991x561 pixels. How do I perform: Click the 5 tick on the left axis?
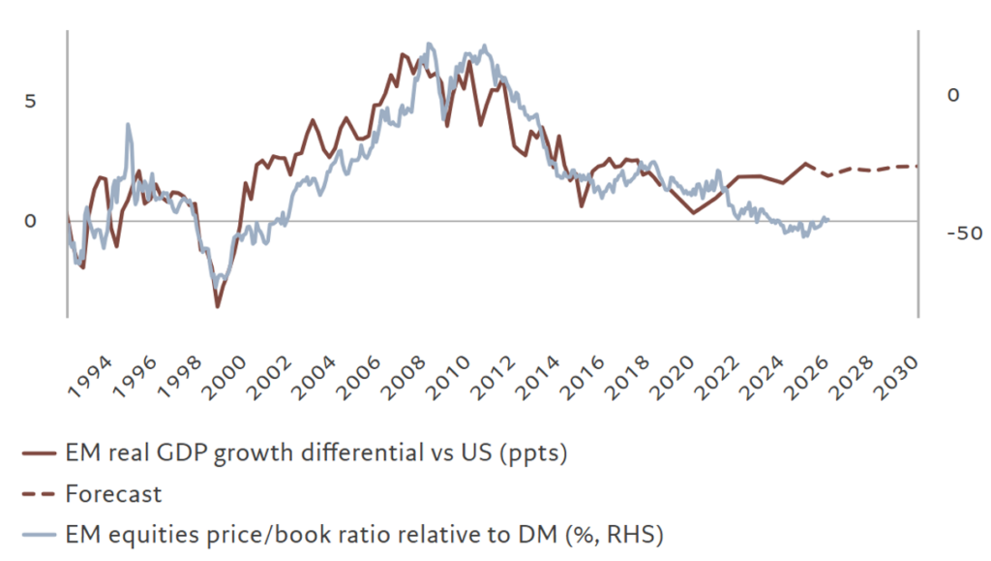tap(29, 101)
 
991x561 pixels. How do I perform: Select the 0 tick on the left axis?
tap(29, 221)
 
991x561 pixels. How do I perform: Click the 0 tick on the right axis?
tap(953, 95)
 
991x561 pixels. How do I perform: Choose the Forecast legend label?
tap(113, 493)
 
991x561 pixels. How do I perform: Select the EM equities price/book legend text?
tap(363, 534)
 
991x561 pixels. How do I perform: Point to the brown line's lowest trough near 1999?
tap(217, 307)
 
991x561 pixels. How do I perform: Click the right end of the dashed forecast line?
tap(916, 166)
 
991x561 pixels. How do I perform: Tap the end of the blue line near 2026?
tap(828, 219)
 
